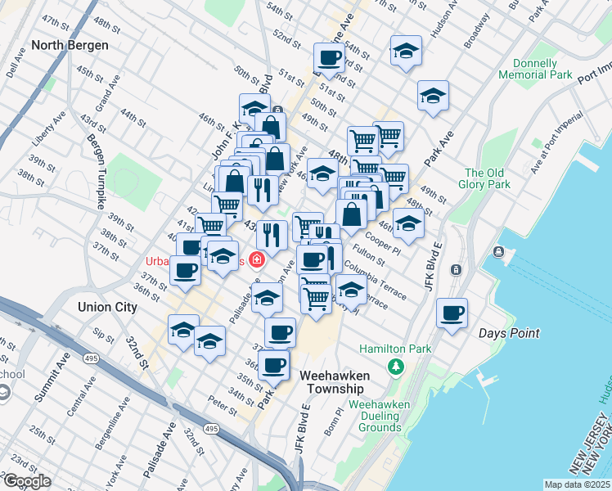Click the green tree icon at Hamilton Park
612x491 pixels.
click(396, 365)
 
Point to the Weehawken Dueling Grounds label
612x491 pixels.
click(375, 416)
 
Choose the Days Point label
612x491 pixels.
click(509, 333)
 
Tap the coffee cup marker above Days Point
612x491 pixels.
click(452, 312)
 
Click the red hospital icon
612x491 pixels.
click(257, 260)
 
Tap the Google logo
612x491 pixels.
click(27, 481)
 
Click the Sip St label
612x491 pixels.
click(104, 336)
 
